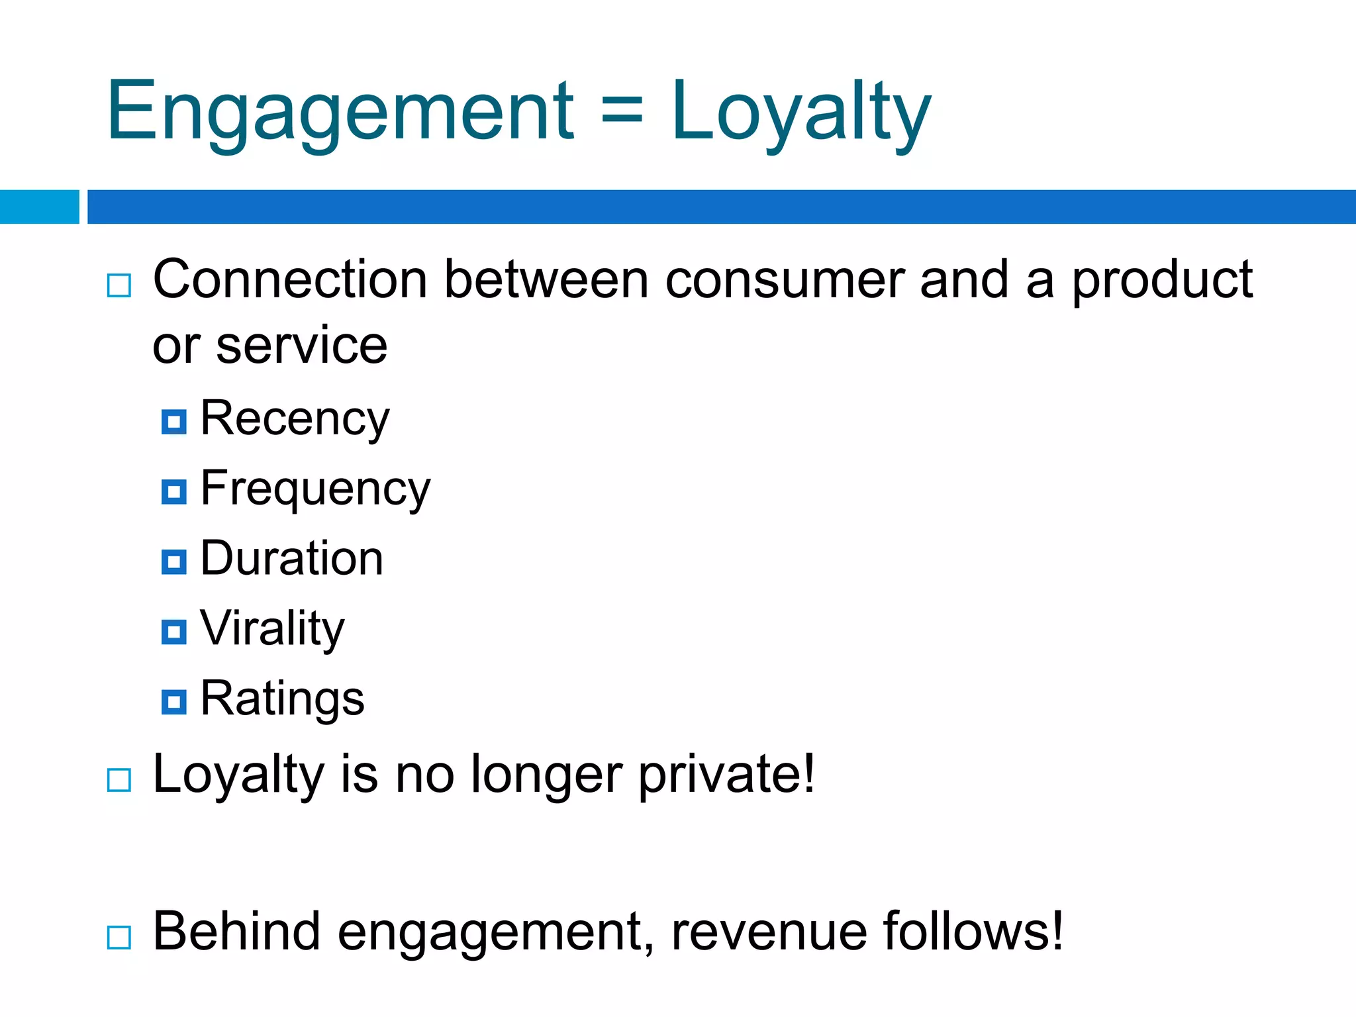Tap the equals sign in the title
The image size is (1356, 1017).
(622, 111)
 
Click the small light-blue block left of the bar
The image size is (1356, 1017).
(39, 207)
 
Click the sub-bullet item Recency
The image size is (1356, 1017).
(295, 419)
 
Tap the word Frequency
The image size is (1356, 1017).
(315, 489)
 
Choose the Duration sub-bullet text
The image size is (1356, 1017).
(291, 558)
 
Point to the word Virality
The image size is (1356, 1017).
(272, 628)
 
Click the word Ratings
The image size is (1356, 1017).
(282, 699)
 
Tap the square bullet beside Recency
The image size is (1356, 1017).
(174, 422)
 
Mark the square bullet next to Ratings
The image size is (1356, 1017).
(174, 702)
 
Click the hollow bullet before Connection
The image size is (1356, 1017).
(119, 286)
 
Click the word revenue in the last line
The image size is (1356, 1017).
(769, 932)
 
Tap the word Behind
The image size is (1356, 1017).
(236, 931)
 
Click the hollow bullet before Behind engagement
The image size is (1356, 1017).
(119, 938)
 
